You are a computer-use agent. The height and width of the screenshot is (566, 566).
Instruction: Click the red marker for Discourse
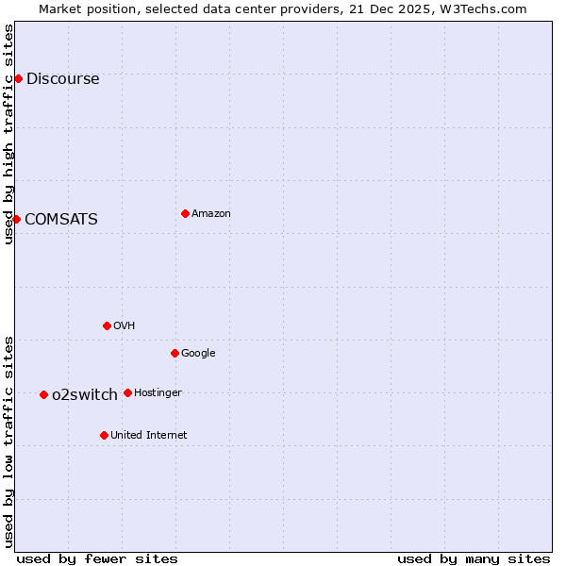(x=18, y=78)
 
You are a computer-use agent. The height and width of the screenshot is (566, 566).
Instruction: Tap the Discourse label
(x=62, y=79)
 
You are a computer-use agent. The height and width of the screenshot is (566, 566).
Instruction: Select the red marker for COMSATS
(x=16, y=219)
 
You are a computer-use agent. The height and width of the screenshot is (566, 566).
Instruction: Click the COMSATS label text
(x=60, y=220)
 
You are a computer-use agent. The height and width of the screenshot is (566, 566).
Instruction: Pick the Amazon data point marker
(x=185, y=213)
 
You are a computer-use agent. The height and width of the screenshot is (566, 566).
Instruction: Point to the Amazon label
(x=211, y=214)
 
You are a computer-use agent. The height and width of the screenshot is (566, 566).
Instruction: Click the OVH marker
(x=107, y=325)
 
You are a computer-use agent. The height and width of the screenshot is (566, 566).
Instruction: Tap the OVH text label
(x=124, y=326)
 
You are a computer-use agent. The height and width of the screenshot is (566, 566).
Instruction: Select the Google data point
(x=175, y=353)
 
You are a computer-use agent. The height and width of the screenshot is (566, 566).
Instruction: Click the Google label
(x=198, y=354)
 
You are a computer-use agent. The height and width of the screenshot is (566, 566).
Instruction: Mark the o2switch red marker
(x=43, y=394)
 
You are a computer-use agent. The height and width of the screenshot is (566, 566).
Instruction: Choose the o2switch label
(x=85, y=395)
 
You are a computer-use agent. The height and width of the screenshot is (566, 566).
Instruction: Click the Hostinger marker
(x=127, y=392)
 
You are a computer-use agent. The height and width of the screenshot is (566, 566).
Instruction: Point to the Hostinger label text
(x=158, y=393)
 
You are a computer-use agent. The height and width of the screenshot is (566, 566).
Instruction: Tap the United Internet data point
(x=104, y=435)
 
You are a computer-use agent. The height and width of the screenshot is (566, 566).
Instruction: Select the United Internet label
(x=149, y=436)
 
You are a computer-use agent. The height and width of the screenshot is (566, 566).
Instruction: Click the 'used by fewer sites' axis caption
(x=97, y=558)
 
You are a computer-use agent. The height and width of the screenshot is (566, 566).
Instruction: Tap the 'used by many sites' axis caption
(x=474, y=558)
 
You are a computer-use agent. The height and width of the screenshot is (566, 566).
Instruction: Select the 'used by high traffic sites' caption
(x=9, y=134)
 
